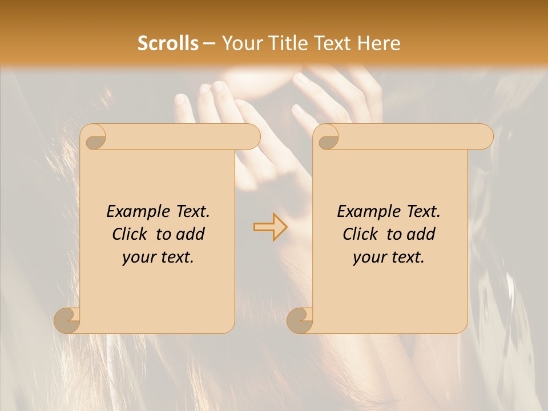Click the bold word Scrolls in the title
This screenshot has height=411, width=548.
[x=168, y=43]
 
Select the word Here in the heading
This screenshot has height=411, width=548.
[x=378, y=43]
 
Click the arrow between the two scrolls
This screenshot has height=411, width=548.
[x=270, y=227]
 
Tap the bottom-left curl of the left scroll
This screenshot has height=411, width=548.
[x=67, y=321]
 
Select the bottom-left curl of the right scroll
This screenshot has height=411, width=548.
[x=300, y=321]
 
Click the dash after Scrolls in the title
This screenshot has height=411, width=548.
[x=209, y=43]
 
